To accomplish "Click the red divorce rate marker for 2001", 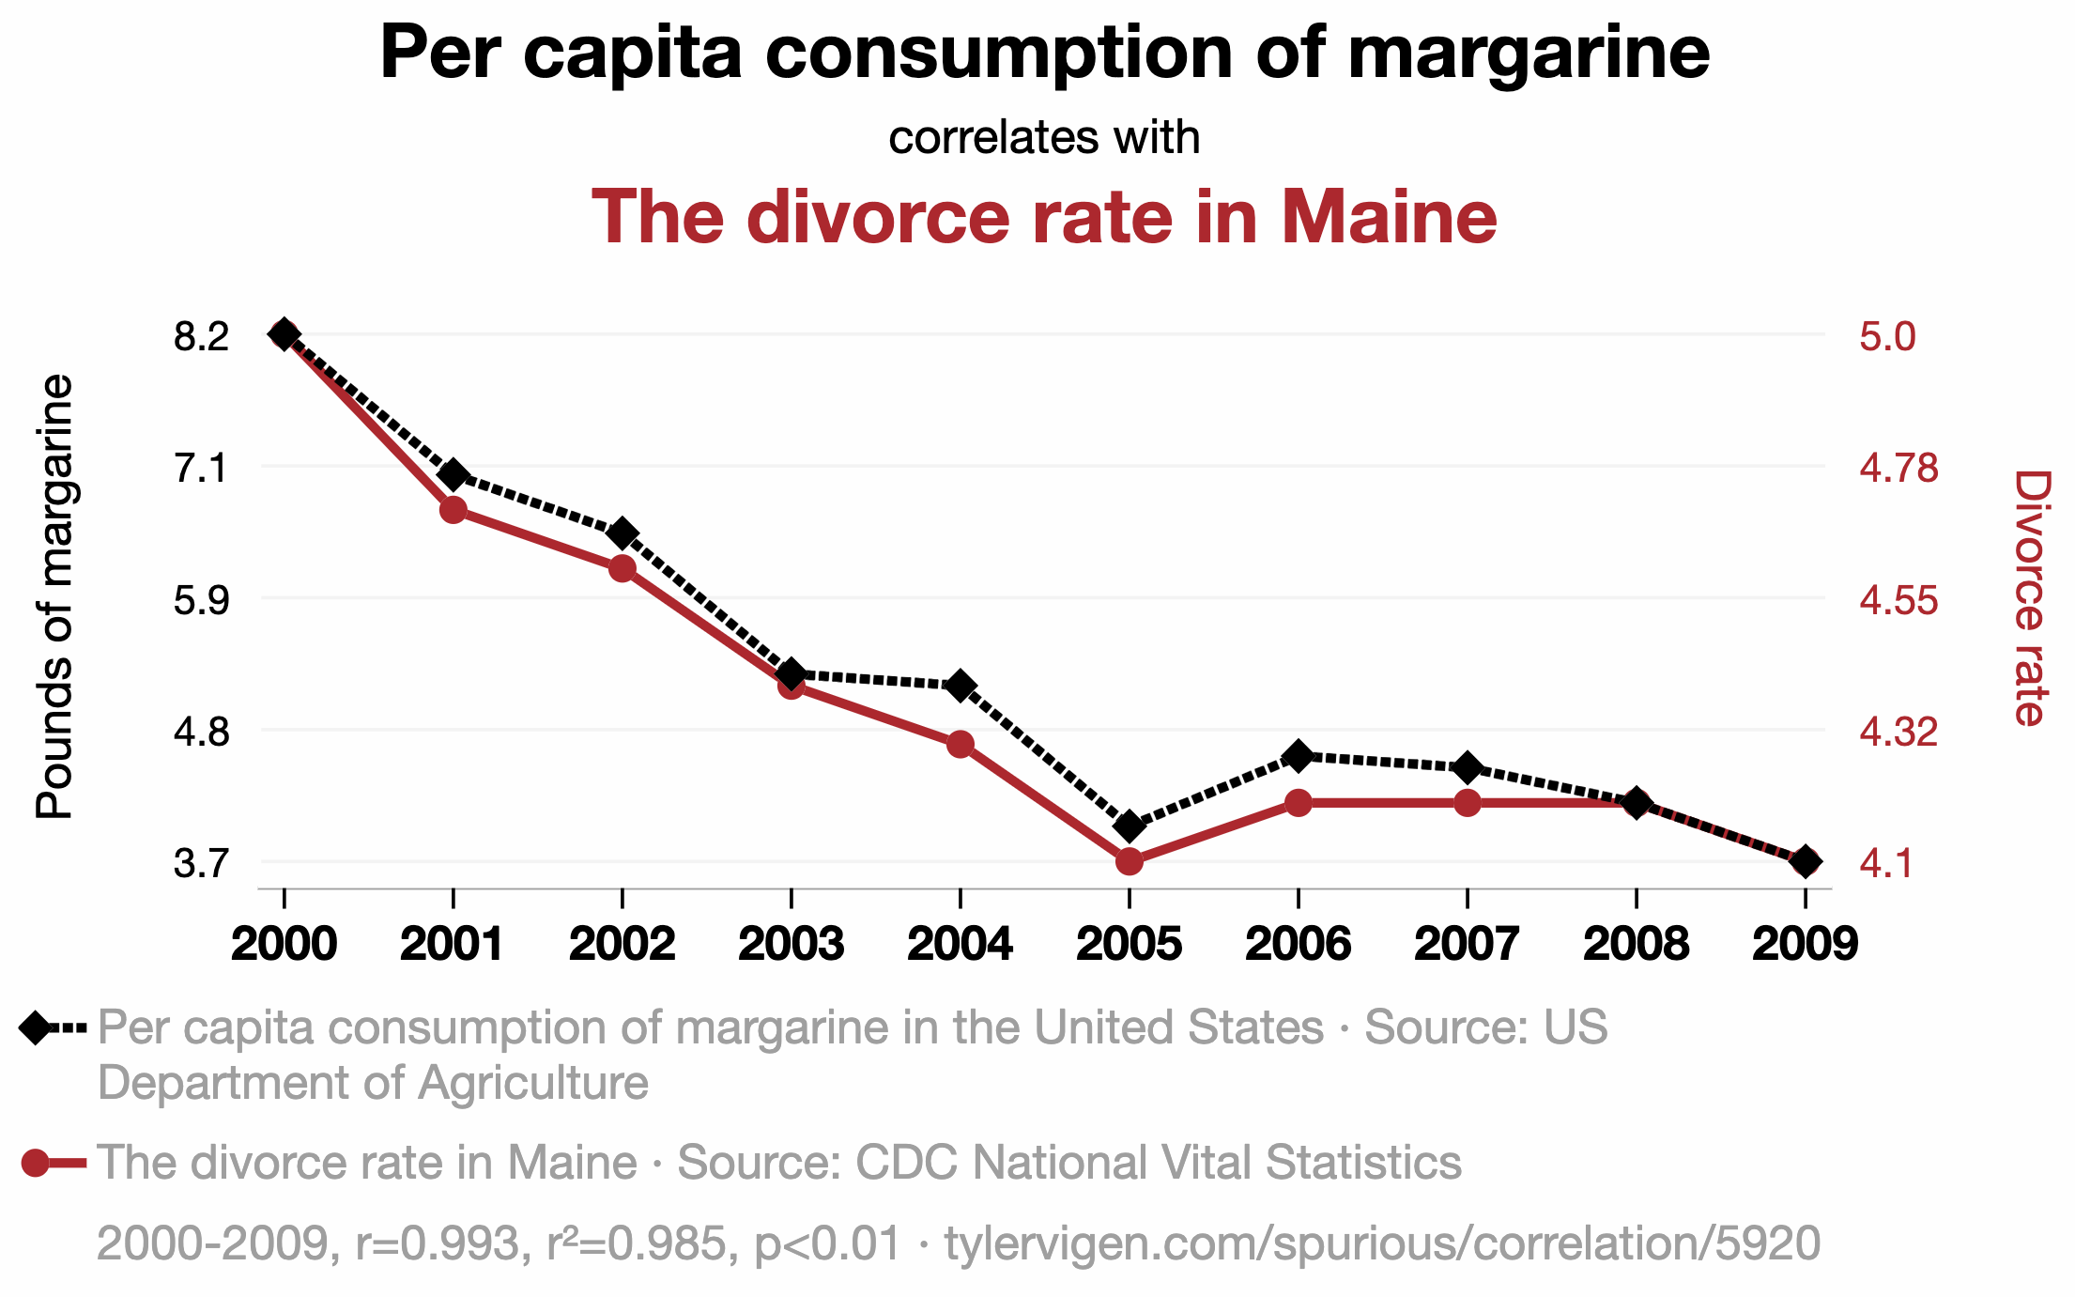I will pyautogui.click(x=453, y=510).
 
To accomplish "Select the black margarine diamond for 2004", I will pyautogui.click(x=960, y=686).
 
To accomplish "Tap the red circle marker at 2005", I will pyautogui.click(x=1130, y=861).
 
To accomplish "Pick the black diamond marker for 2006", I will pyautogui.click(x=1299, y=756).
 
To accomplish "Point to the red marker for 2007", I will pyautogui.click(x=1468, y=803).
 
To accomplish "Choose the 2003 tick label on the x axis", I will pyautogui.click(x=791, y=943).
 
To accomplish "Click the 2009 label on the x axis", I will pyautogui.click(x=1805, y=943).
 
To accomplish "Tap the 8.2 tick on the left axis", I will pyautogui.click(x=201, y=336).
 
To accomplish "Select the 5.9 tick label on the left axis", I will pyautogui.click(x=201, y=599).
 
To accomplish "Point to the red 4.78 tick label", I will pyautogui.click(x=1898, y=468).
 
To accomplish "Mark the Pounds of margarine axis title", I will pyautogui.click(x=54, y=597).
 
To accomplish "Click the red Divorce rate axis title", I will pyautogui.click(x=2030, y=598).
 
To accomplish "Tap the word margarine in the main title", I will pyautogui.click(x=1529, y=53).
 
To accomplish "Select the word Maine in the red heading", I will pyautogui.click(x=1390, y=217).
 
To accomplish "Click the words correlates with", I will pyautogui.click(x=1044, y=137).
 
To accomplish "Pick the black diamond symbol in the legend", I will pyautogui.click(x=36, y=1027).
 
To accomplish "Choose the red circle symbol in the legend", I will pyautogui.click(x=36, y=1163).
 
